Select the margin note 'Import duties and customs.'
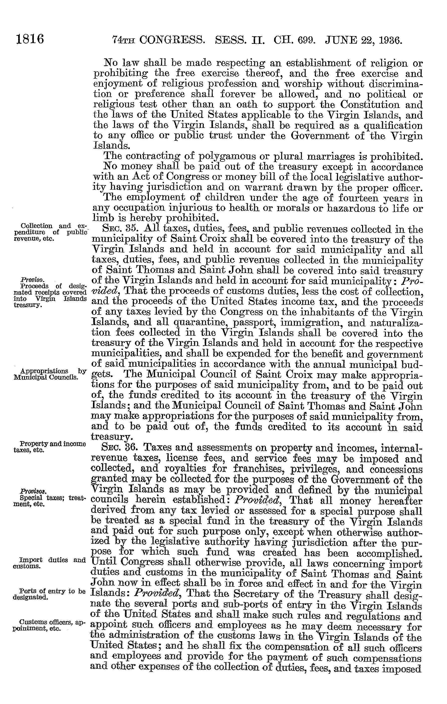[49, 562]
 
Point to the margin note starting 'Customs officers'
[49, 626]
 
